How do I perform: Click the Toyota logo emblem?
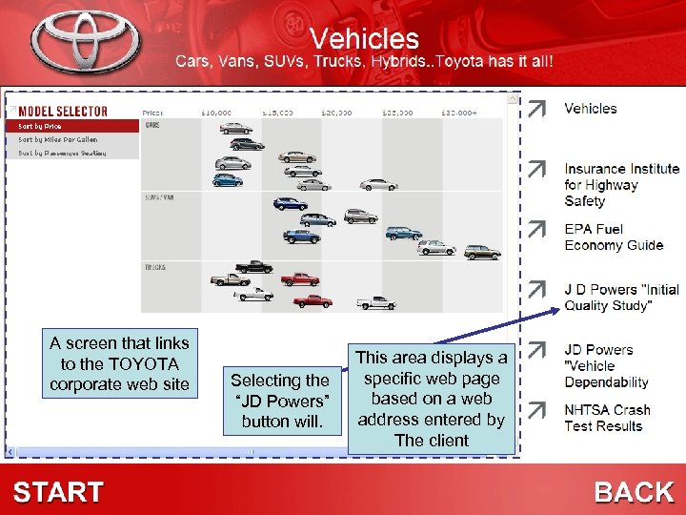tap(86, 42)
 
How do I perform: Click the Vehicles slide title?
tap(364, 38)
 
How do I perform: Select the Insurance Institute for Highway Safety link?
tap(621, 185)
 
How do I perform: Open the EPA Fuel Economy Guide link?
tap(613, 237)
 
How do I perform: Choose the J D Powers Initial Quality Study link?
tap(621, 298)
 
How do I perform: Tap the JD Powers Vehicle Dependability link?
tap(606, 366)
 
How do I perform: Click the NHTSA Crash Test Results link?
tap(607, 418)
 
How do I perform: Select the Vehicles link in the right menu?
tap(590, 109)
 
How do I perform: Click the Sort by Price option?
tap(40, 126)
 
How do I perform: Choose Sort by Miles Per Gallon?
tap(57, 139)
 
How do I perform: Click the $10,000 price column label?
tap(215, 113)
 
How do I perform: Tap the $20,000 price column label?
tap(336, 113)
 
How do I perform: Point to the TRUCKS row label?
tap(155, 267)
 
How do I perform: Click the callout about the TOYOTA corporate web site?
tap(119, 363)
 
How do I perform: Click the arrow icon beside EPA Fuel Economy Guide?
tap(538, 229)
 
